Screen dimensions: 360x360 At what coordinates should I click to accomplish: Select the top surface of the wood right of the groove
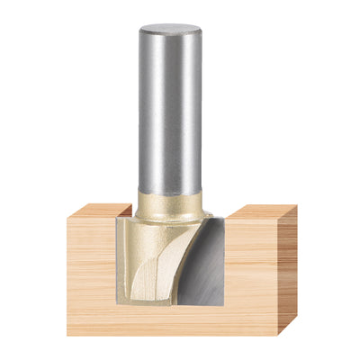coord(261,211)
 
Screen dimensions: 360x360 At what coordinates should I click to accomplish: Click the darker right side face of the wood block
coord(288,270)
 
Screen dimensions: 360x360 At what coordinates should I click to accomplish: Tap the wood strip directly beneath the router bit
coord(171,319)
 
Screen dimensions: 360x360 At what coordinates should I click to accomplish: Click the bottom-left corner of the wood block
coord(67,334)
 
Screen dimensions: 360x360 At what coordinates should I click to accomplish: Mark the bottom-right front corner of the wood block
coord(278,334)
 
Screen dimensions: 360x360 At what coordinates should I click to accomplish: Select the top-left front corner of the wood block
coord(67,216)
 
